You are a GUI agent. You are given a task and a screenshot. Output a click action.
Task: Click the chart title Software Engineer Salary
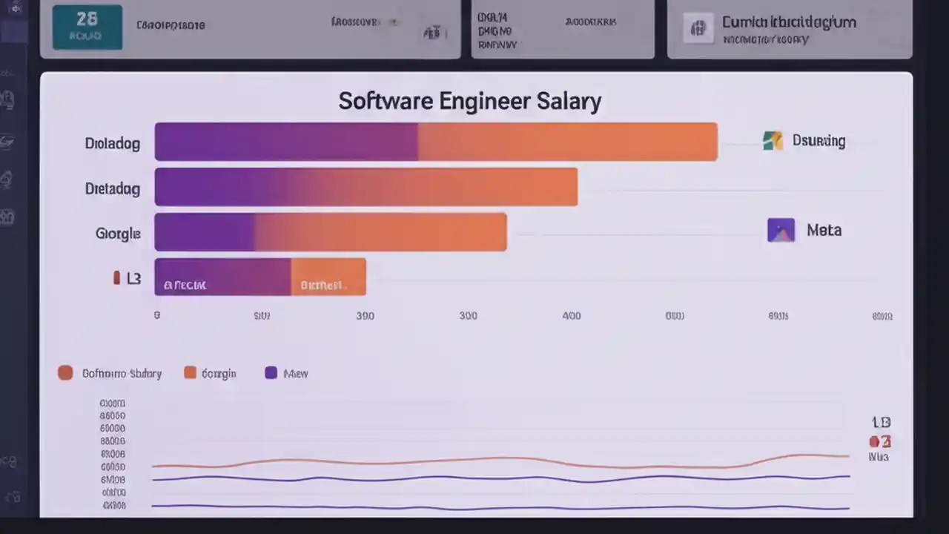tap(469, 101)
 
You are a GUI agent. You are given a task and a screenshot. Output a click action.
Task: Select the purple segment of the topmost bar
tap(285, 142)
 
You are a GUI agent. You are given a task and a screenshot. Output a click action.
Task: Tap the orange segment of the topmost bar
tap(567, 142)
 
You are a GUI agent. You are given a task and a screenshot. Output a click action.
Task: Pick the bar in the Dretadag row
tap(366, 187)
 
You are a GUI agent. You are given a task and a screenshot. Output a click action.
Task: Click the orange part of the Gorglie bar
tap(380, 232)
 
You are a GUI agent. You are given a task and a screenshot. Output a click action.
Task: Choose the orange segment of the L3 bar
tap(328, 277)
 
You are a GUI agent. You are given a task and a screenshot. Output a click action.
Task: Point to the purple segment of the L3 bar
tap(222, 277)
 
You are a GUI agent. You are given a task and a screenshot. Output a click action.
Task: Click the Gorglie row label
tap(118, 234)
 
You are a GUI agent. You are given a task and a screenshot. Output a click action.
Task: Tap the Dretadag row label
tap(113, 189)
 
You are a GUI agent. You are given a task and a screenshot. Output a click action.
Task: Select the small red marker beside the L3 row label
tap(116, 278)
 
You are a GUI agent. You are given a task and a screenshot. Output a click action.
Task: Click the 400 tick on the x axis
tap(572, 315)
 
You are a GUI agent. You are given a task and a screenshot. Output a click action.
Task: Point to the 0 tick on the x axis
tap(157, 315)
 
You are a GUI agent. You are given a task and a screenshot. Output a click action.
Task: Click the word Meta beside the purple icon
tap(824, 230)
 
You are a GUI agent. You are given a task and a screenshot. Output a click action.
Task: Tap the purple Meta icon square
tap(781, 230)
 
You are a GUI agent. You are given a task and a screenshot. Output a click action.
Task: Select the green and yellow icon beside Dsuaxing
tap(773, 140)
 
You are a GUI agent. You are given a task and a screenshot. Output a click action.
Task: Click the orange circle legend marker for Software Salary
tap(65, 373)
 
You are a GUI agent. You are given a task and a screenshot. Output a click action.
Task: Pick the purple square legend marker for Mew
tap(271, 373)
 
